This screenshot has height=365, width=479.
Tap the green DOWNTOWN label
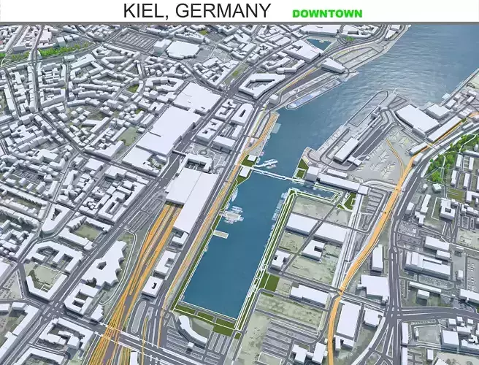point(326,13)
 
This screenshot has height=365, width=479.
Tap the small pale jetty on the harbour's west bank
point(221,234)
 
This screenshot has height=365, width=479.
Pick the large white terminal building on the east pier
point(417,118)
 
